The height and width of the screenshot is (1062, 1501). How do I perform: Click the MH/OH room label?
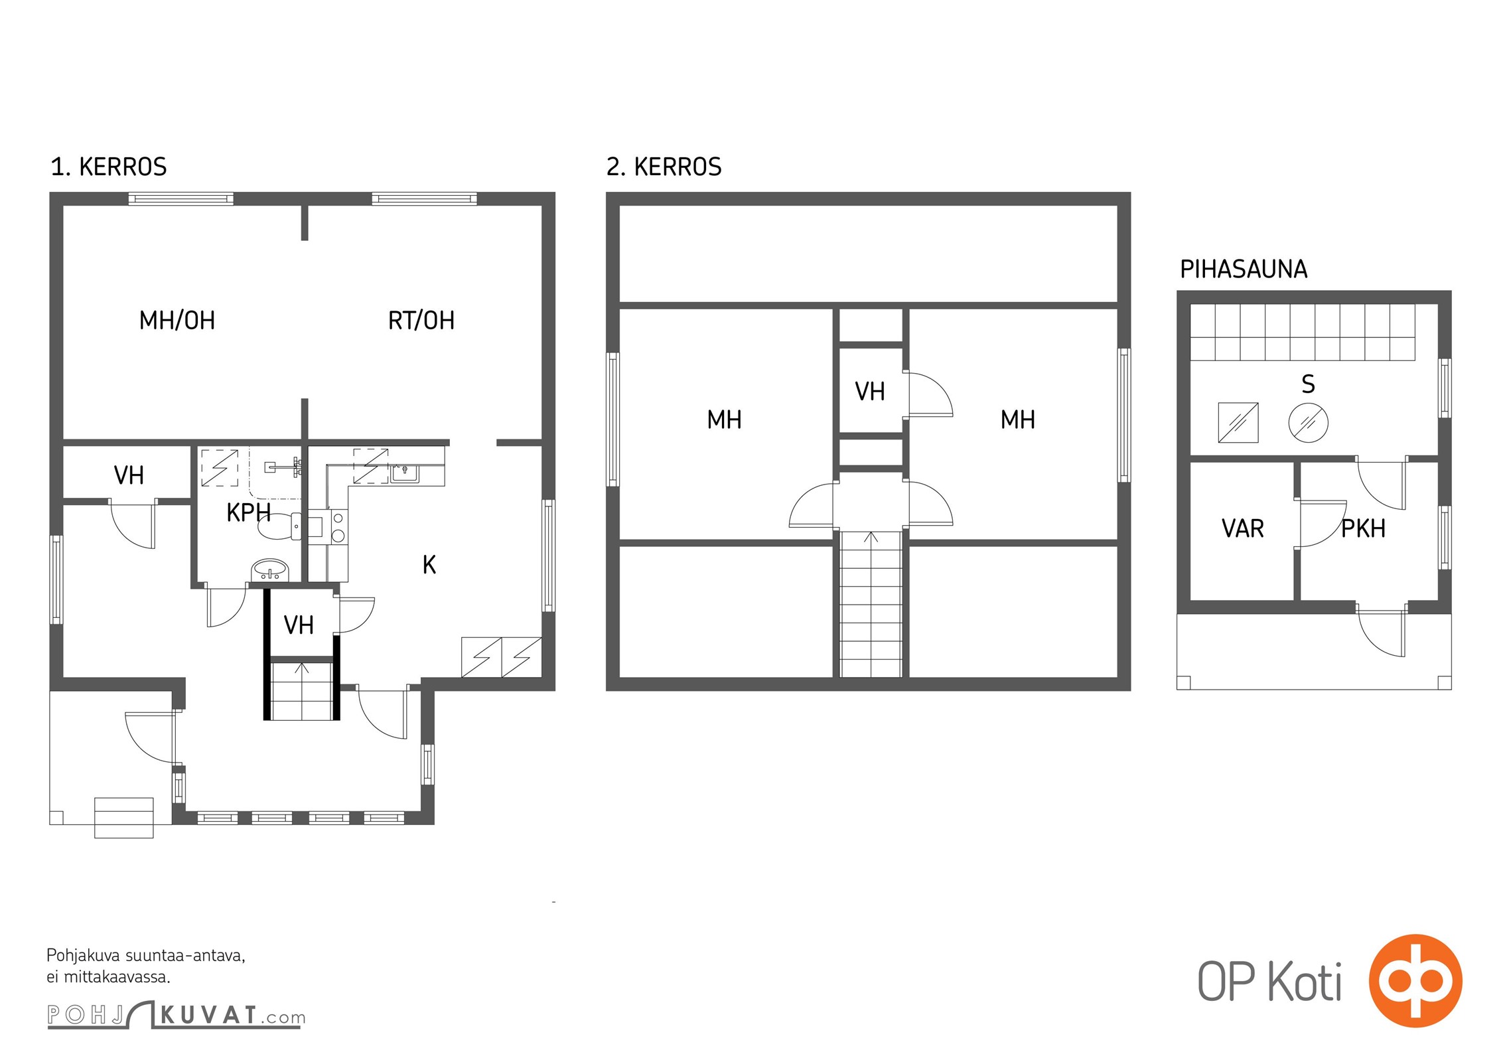pos(177,321)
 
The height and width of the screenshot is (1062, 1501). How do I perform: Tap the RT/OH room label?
pos(421,321)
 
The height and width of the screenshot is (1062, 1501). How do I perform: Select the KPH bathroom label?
pos(248,512)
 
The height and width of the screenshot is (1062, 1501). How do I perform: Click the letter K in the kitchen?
pos(429,565)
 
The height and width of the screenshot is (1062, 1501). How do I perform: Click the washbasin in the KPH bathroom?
pos(270,570)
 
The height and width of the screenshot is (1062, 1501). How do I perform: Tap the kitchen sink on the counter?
pos(404,472)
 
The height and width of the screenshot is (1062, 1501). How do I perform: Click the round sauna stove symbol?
pos(1308,422)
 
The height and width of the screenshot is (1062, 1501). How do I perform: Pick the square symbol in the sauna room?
pos(1238,422)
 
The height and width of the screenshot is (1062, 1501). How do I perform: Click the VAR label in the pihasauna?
pos(1243,528)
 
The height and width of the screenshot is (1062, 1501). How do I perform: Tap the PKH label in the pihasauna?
pos(1364,528)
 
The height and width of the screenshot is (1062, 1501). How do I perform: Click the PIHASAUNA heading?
pos(1244,269)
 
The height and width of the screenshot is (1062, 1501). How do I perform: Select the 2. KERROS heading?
pos(664,167)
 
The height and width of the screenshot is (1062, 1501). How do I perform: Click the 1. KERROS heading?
pos(109,167)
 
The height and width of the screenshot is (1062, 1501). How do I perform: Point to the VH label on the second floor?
pos(870,392)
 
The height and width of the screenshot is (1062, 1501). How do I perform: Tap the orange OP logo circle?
pos(1415,980)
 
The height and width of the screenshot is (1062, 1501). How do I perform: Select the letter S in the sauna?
pos(1309,384)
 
